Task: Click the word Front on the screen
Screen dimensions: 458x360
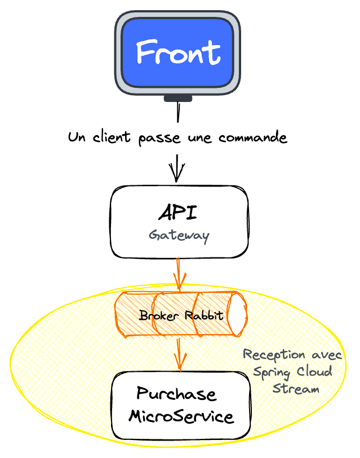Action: point(177,53)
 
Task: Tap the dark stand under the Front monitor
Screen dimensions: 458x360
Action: point(177,98)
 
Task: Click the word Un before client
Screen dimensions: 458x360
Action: point(77,137)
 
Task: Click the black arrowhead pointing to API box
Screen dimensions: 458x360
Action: point(177,174)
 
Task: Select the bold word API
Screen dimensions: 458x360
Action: point(178,213)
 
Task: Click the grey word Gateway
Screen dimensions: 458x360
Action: point(179,235)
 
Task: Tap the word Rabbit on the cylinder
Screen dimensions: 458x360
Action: point(203,315)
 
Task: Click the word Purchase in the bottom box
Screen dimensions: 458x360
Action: point(176,394)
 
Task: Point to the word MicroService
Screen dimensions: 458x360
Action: point(181,417)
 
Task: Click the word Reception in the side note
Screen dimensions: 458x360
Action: point(267,355)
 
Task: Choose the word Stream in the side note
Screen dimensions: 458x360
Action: point(295,388)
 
